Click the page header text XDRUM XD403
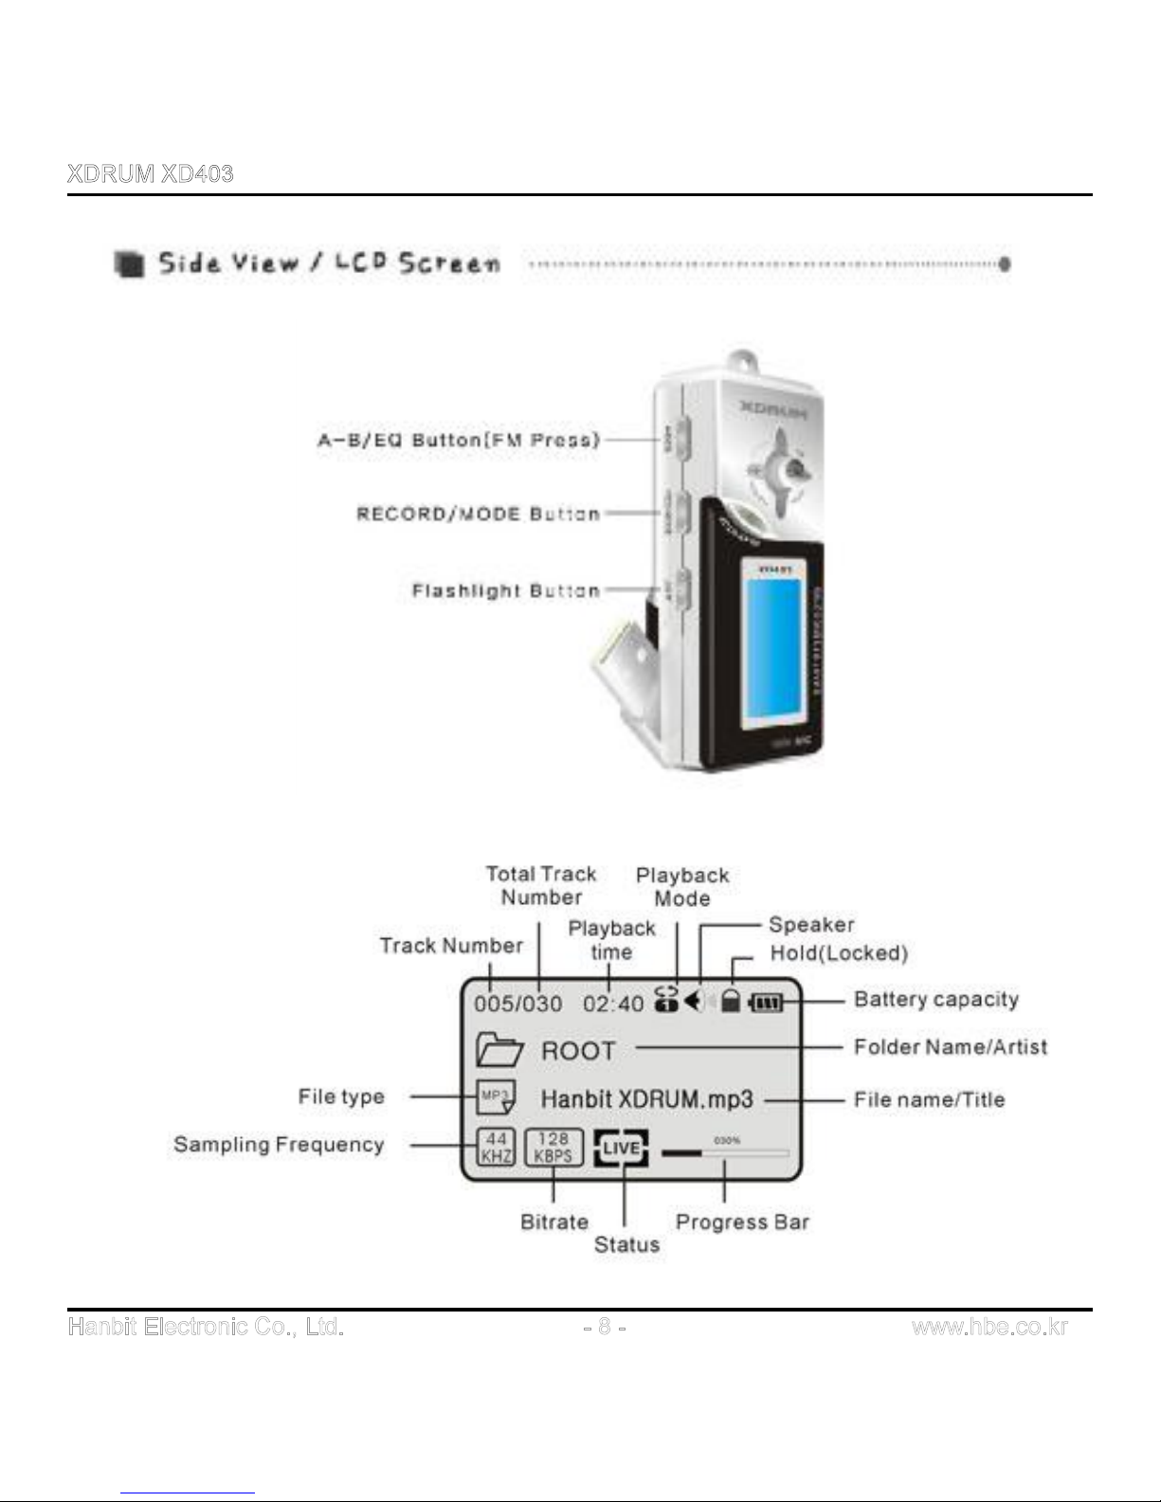150,174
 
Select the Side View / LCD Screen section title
329,263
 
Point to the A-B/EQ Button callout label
458,441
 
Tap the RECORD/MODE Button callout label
478,515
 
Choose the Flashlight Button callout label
506,591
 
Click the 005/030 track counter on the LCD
517,1004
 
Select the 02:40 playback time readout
613,1004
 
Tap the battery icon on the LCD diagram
767,1002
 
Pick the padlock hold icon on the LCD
730,1000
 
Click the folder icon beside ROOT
499,1050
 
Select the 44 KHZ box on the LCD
496,1148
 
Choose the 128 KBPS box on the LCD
553,1148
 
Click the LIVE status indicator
622,1149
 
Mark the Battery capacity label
935,1000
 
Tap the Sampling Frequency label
279,1145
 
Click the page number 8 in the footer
604,1328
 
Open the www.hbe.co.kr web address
989,1328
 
